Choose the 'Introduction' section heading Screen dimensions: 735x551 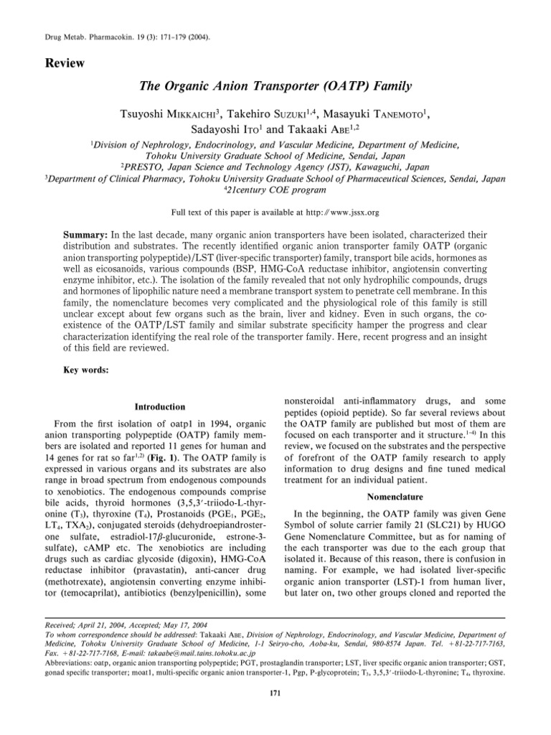coord(156,407)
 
